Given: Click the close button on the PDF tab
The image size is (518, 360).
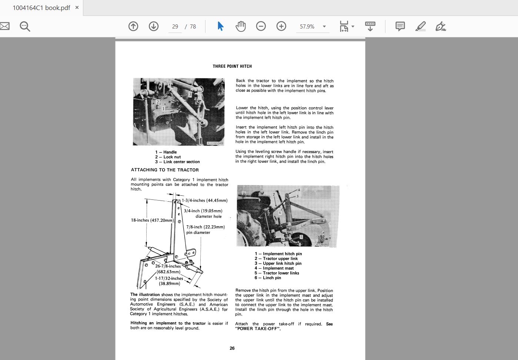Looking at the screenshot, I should [x=77, y=7].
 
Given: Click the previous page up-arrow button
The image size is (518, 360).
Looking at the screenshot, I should [x=133, y=26].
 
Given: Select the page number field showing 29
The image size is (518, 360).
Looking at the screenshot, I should [x=175, y=27].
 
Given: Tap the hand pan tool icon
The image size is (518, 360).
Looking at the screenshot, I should [x=241, y=26].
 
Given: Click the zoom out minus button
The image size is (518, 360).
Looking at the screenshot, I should [x=261, y=26].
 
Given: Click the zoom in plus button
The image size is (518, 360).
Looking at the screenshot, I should [x=281, y=26].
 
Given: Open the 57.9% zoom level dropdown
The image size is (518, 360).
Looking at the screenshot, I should [x=324, y=27].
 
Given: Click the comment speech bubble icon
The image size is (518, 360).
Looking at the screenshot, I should [x=400, y=26].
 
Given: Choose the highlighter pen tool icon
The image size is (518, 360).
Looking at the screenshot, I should [x=420, y=26].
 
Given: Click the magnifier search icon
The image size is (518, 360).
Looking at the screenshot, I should [x=25, y=26].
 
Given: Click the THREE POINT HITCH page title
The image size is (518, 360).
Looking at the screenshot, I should [x=232, y=66].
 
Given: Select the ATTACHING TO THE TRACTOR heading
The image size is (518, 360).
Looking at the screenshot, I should [x=165, y=170].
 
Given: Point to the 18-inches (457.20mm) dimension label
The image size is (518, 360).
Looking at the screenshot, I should [x=152, y=220].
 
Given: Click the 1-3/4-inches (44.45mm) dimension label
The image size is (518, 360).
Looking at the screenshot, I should [x=204, y=201].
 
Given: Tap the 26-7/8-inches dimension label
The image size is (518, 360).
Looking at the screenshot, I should [x=168, y=266].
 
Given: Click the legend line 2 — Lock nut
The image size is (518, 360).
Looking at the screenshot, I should [x=168, y=157].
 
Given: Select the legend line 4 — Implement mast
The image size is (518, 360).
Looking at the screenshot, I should [x=274, y=268].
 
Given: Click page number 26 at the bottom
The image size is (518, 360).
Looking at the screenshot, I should [x=232, y=348].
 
